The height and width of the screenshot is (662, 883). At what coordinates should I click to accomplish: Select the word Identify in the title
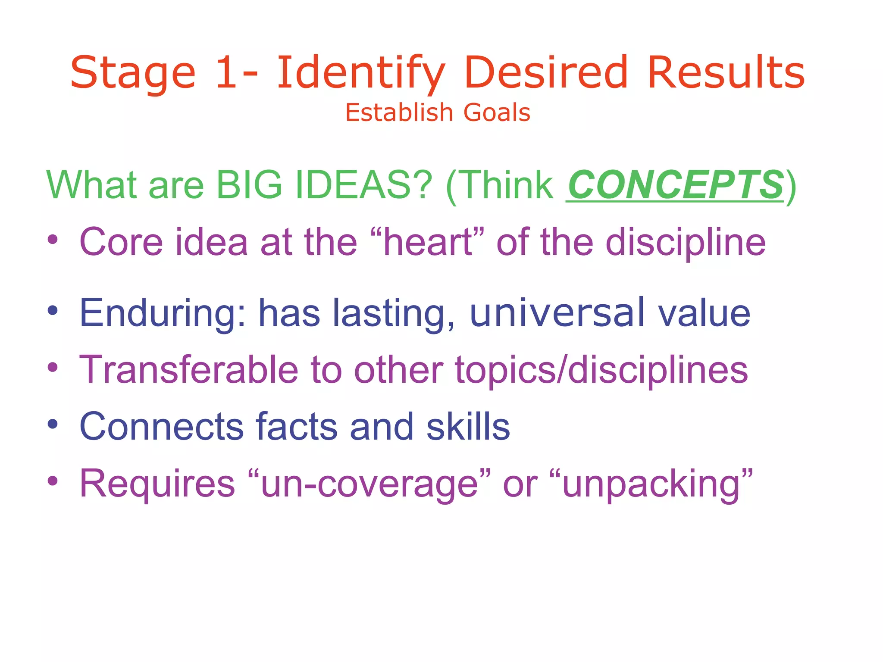pyautogui.click(x=360, y=73)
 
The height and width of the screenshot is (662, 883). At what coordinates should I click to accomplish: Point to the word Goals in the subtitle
pyautogui.click(x=497, y=113)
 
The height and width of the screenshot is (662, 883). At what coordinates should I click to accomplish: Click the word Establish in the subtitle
pyautogui.click(x=399, y=113)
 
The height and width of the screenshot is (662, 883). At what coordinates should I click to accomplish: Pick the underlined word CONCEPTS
pyautogui.click(x=675, y=185)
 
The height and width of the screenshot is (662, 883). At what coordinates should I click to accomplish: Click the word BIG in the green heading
pyautogui.click(x=249, y=185)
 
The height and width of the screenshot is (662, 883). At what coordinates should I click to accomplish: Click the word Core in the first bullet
pyautogui.click(x=121, y=242)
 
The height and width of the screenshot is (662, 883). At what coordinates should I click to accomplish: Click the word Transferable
pyautogui.click(x=189, y=370)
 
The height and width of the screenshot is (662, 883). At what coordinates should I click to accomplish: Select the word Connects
pyautogui.click(x=162, y=427)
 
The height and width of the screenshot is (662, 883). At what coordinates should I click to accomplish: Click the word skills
pyautogui.click(x=468, y=427)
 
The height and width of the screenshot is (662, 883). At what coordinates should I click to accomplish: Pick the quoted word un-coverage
pyautogui.click(x=369, y=484)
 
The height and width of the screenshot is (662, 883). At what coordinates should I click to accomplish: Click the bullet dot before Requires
pyautogui.click(x=53, y=481)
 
